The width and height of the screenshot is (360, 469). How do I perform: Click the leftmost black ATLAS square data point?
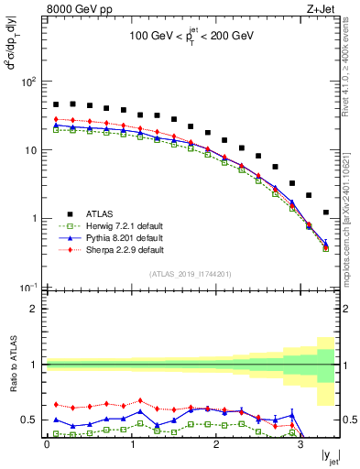56,104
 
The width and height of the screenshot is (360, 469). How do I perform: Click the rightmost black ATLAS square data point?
326,213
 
